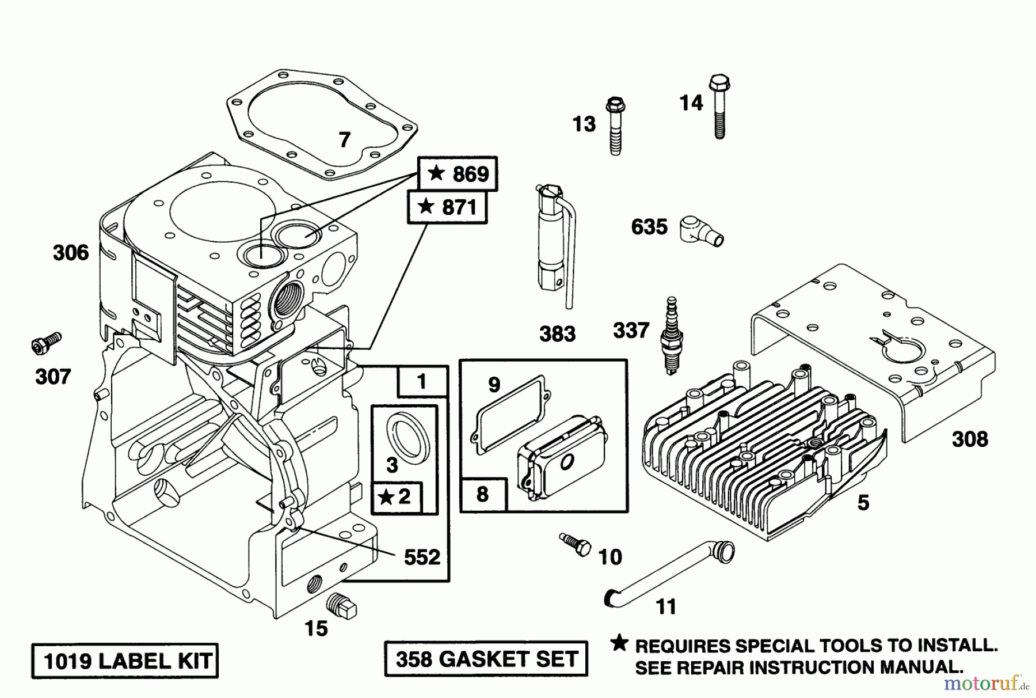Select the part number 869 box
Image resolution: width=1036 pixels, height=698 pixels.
(x=458, y=173)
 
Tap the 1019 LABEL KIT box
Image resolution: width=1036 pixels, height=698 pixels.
(x=125, y=661)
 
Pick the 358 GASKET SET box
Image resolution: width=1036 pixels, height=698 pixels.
(x=486, y=658)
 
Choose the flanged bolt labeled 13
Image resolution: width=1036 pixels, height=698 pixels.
(x=615, y=127)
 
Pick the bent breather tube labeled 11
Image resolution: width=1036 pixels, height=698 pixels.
(x=668, y=576)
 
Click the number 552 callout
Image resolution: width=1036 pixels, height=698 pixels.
(x=422, y=557)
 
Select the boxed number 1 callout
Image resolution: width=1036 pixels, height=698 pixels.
(x=422, y=381)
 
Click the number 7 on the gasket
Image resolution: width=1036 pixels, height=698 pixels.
(x=344, y=140)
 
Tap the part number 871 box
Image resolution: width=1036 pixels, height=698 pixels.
(x=447, y=207)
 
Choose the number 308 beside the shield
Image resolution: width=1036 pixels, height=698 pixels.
(x=970, y=439)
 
